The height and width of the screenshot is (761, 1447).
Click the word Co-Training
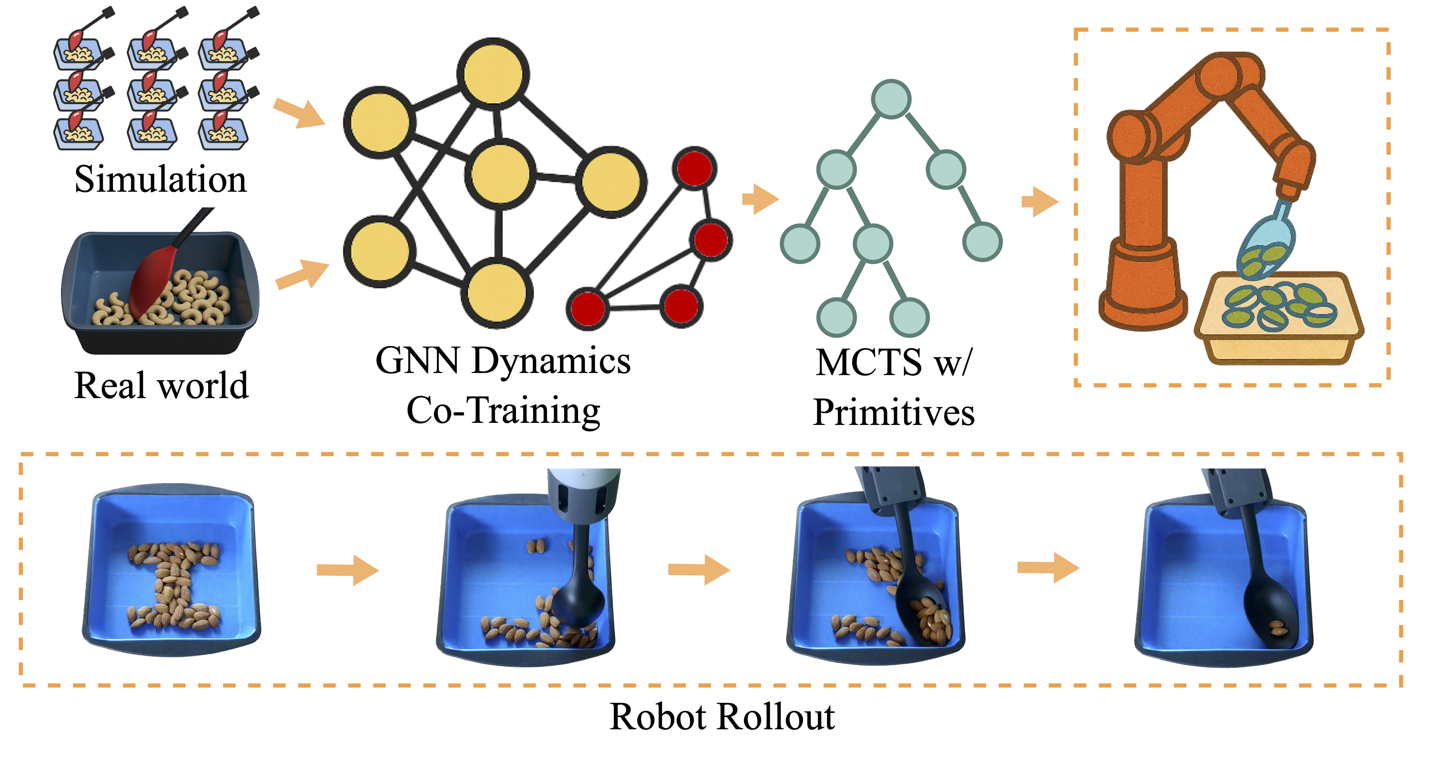[x=503, y=411]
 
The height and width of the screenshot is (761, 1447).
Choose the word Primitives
[x=894, y=413]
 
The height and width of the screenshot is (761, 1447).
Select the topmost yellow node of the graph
[x=493, y=74]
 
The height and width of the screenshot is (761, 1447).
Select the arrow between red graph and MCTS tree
[x=760, y=199]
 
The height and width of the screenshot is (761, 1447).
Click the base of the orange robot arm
[x=1143, y=287]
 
